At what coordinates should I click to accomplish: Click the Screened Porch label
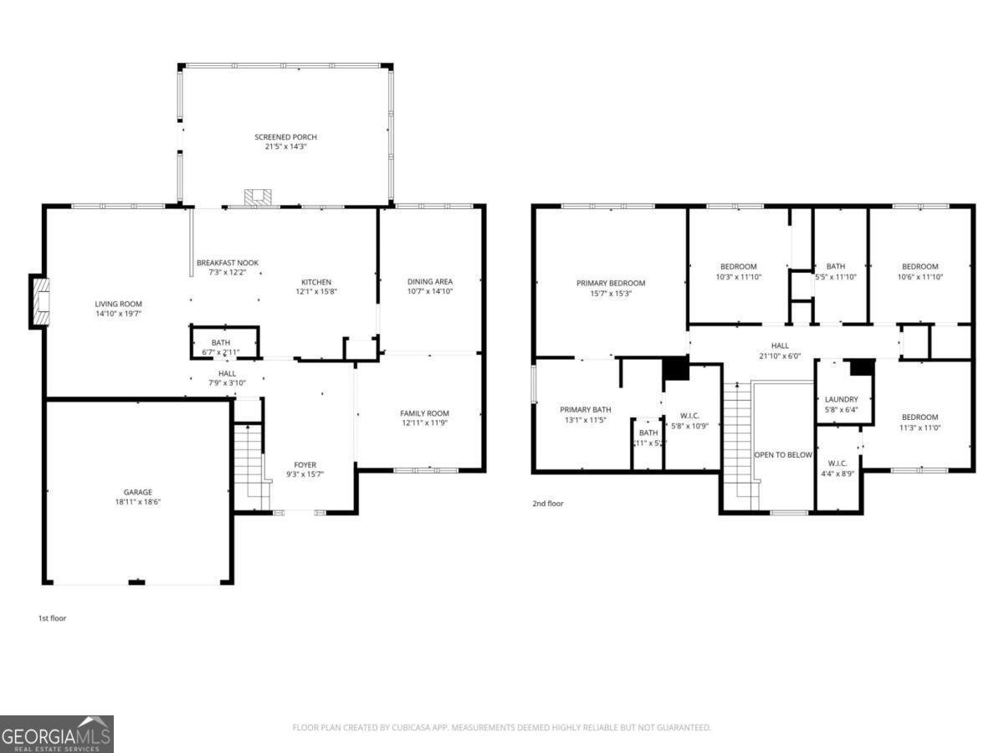click(285, 137)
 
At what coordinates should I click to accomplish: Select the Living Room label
click(118, 304)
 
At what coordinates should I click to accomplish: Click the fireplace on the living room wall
click(39, 301)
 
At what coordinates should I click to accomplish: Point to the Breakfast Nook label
click(221, 263)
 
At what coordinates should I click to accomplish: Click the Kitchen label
click(316, 282)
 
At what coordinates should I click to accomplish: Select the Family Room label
click(424, 413)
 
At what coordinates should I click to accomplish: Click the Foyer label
click(305, 465)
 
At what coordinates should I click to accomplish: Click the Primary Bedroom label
click(611, 283)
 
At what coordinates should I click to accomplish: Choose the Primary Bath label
click(585, 409)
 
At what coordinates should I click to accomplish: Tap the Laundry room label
click(841, 399)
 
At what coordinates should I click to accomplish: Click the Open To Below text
click(783, 455)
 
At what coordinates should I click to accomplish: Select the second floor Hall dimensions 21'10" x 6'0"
click(780, 356)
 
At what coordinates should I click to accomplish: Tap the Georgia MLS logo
click(57, 735)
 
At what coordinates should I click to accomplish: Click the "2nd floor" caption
click(548, 504)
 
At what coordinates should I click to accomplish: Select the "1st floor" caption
click(52, 618)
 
